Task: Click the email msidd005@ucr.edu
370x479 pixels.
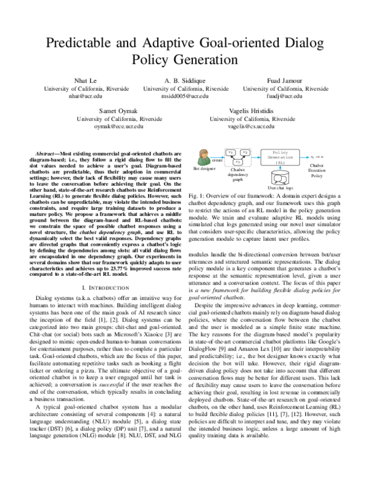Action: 186,97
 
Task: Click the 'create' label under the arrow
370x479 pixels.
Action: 216,159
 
